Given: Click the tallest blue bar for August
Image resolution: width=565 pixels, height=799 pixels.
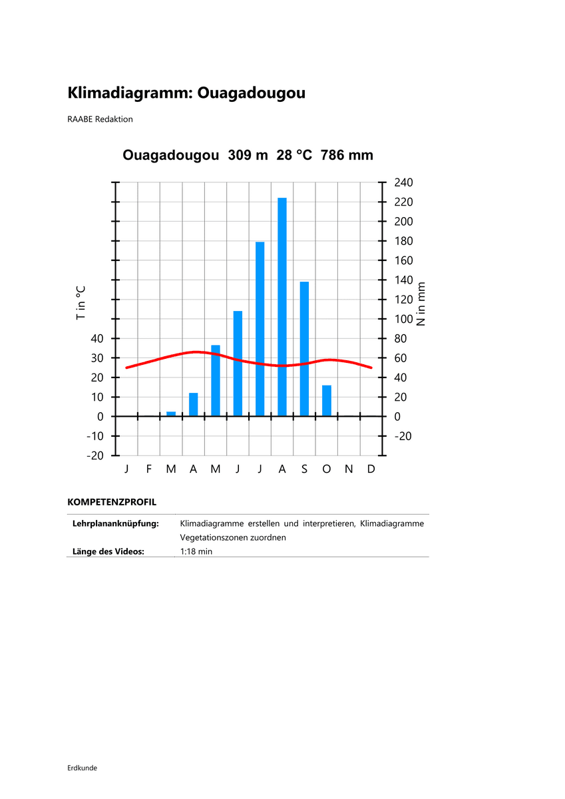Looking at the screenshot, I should tap(282, 306).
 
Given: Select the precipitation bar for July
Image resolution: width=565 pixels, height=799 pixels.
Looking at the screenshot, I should tap(260, 329).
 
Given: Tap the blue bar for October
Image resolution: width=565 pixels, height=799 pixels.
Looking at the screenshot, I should tap(327, 401).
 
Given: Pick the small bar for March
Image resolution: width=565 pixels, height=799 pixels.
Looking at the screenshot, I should tap(171, 413).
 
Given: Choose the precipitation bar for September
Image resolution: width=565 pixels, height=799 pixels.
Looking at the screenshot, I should tap(304, 349).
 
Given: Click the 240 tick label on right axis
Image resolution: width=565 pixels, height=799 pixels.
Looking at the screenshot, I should tap(404, 182).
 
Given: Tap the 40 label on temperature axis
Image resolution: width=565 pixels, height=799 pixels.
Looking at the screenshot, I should tap(97, 339).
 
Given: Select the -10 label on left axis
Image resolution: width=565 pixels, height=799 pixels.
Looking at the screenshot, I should tap(94, 436).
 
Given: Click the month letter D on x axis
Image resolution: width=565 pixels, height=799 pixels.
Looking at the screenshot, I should tap(371, 469).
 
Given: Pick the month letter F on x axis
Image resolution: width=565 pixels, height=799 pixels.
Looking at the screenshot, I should tap(149, 469).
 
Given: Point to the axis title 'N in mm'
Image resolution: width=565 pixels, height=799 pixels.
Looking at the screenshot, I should tap(421, 303).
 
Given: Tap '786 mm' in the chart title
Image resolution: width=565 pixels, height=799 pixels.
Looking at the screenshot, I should tap(347, 155).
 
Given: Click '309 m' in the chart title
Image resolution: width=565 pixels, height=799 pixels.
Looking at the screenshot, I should tap(248, 155).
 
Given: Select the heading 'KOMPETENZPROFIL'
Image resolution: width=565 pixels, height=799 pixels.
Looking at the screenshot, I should tap(112, 501).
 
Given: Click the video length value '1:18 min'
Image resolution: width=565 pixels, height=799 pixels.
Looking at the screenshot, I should tap(196, 551).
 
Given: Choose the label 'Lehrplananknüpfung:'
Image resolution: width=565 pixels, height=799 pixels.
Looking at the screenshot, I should tap(115, 523).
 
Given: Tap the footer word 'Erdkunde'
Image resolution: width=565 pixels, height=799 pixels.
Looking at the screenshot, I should tap(83, 768).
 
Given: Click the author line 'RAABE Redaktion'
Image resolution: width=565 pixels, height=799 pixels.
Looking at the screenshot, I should tap(100, 119).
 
